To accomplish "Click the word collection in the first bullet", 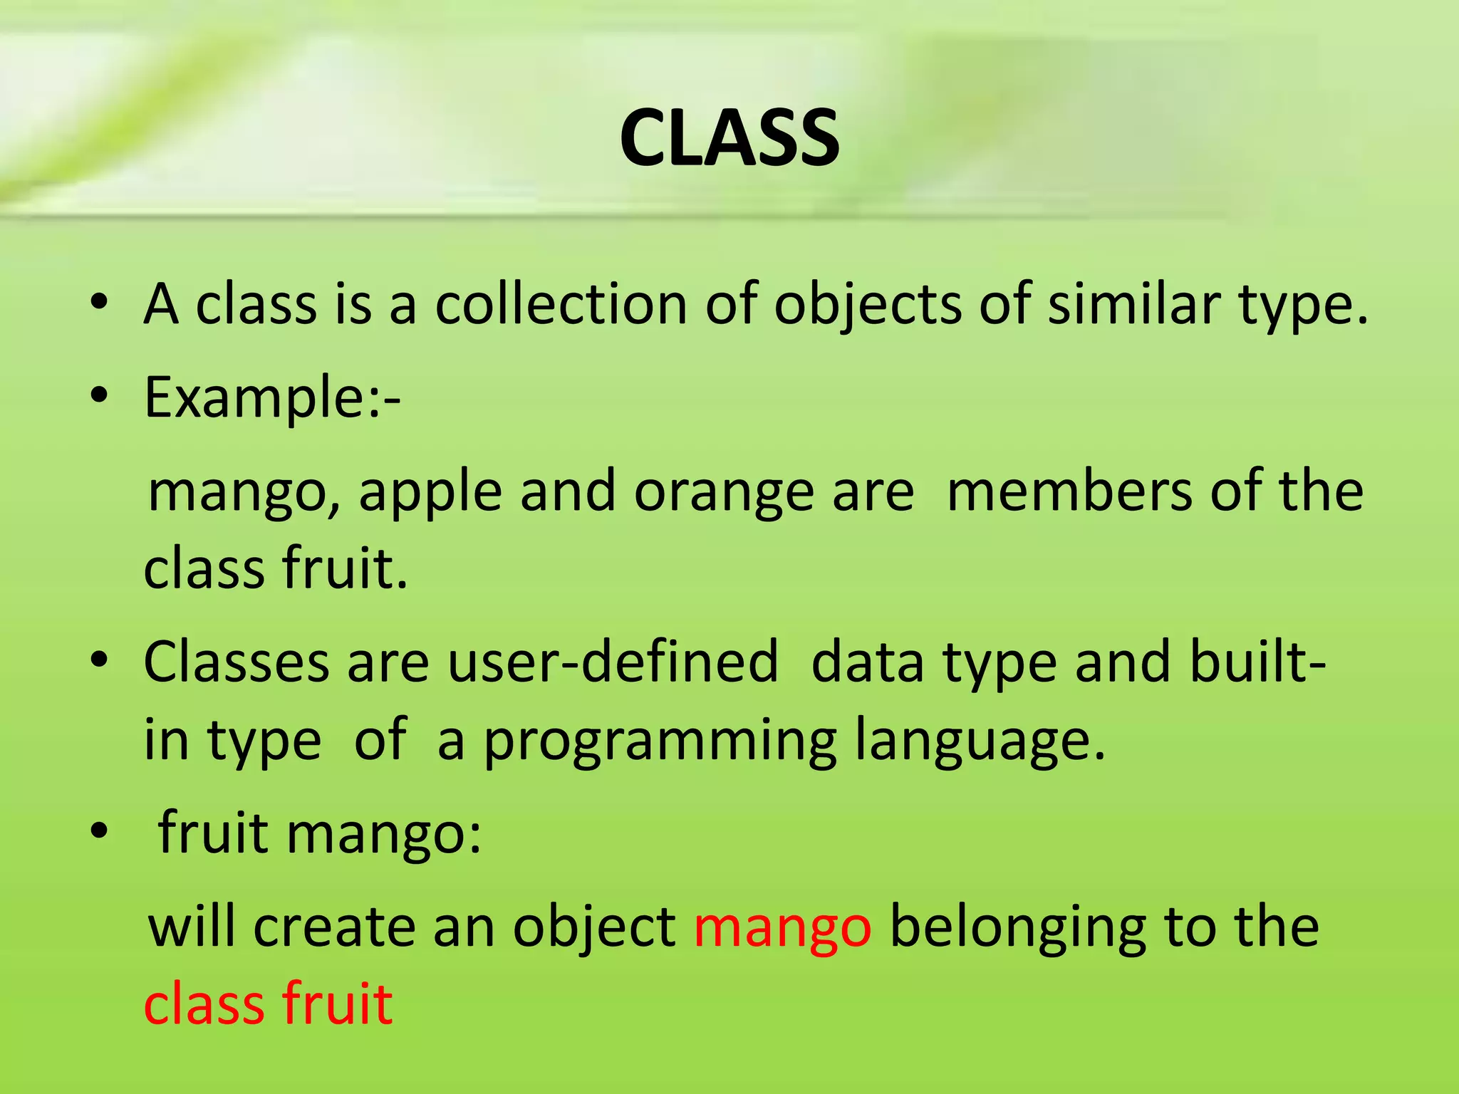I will (x=561, y=305).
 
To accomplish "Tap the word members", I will (x=1069, y=491).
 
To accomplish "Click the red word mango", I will (x=782, y=929).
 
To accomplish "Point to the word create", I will (x=334, y=927).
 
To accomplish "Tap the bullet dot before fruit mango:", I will (x=99, y=830).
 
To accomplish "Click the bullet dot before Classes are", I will (x=99, y=660).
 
